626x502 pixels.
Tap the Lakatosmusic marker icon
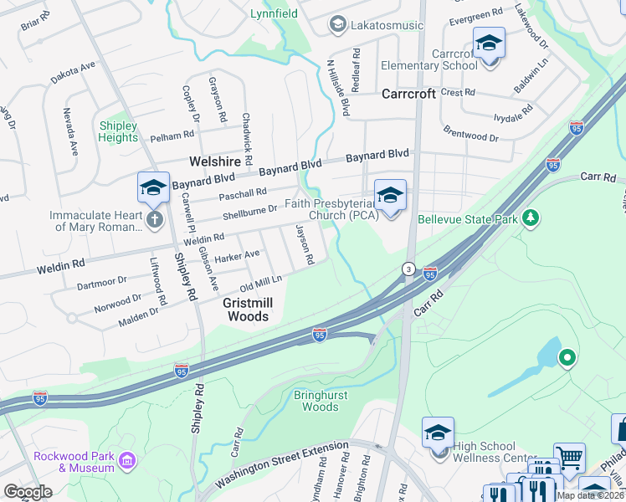[x=337, y=24]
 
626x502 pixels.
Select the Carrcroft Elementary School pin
[x=489, y=43]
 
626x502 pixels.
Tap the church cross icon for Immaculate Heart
[x=154, y=220]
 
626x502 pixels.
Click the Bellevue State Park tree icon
[x=529, y=218]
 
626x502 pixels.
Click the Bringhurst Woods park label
[x=316, y=401]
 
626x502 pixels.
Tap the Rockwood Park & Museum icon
[x=127, y=460]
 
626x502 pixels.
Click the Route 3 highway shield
[x=408, y=269]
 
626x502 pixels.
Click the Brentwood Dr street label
[x=470, y=133]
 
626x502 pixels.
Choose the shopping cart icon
[x=570, y=458]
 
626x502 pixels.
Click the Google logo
[x=28, y=492]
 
